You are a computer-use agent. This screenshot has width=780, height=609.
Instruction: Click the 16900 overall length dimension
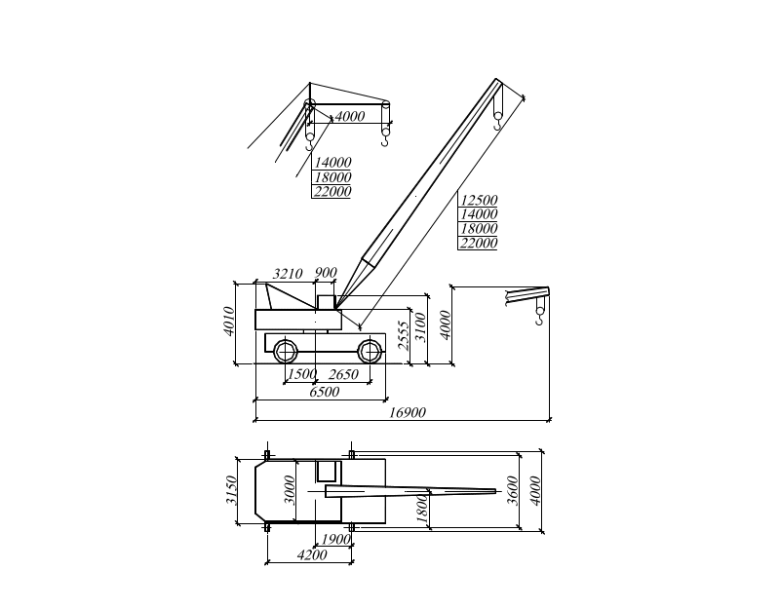coord(408,413)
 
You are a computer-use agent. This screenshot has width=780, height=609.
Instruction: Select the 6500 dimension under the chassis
coord(324,393)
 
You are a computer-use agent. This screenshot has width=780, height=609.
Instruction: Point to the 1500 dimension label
coord(302,375)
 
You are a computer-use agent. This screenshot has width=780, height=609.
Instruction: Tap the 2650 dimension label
coord(343,375)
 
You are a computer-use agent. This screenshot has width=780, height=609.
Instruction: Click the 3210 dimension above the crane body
coord(288,273)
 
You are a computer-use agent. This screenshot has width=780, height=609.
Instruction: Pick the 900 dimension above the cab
coord(327,273)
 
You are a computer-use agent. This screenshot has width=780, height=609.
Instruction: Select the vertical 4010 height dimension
coord(230,321)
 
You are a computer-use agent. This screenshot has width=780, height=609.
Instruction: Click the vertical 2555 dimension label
coord(404,334)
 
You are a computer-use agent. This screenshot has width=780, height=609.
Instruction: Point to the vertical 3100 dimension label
coord(420,325)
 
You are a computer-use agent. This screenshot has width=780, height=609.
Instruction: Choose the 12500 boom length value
coord(479,199)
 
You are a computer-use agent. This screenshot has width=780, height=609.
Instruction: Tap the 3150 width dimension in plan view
coord(231,490)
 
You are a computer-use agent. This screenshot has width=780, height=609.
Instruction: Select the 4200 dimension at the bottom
coord(311,555)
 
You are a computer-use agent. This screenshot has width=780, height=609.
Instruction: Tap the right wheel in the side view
coord(370,351)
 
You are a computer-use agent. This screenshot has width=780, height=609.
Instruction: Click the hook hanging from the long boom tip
coord(500,124)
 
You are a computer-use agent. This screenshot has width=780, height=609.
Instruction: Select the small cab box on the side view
coord(325,300)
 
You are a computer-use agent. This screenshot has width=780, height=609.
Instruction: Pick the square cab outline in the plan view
coord(327,472)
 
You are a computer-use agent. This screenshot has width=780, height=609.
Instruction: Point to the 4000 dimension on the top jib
coord(349,117)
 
